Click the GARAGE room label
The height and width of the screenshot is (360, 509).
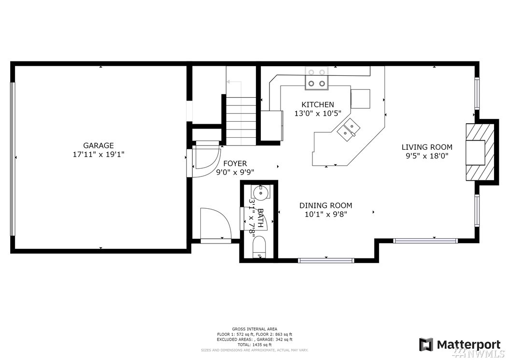click(x=99, y=145)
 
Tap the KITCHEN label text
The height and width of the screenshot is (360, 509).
click(x=318, y=105)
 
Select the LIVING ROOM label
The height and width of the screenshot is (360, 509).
click(x=427, y=147)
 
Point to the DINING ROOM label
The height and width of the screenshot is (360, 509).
click(x=325, y=205)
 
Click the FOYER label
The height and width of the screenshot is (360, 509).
click(x=235, y=163)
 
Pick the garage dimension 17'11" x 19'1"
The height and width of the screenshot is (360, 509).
click(x=99, y=154)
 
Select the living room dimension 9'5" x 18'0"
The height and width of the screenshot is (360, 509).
click(x=427, y=156)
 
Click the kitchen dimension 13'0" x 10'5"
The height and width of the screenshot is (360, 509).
click(x=318, y=114)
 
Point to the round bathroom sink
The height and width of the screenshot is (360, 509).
click(x=260, y=193)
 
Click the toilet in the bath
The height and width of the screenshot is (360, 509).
click(x=259, y=247)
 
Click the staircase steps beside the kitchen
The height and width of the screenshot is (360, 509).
click(x=241, y=120)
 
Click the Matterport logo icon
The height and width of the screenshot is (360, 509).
click(x=426, y=345)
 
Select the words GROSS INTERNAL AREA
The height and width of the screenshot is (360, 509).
click(x=254, y=329)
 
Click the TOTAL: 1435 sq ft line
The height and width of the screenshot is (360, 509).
click(x=254, y=345)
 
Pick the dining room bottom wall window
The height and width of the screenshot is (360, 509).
click(x=326, y=260)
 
